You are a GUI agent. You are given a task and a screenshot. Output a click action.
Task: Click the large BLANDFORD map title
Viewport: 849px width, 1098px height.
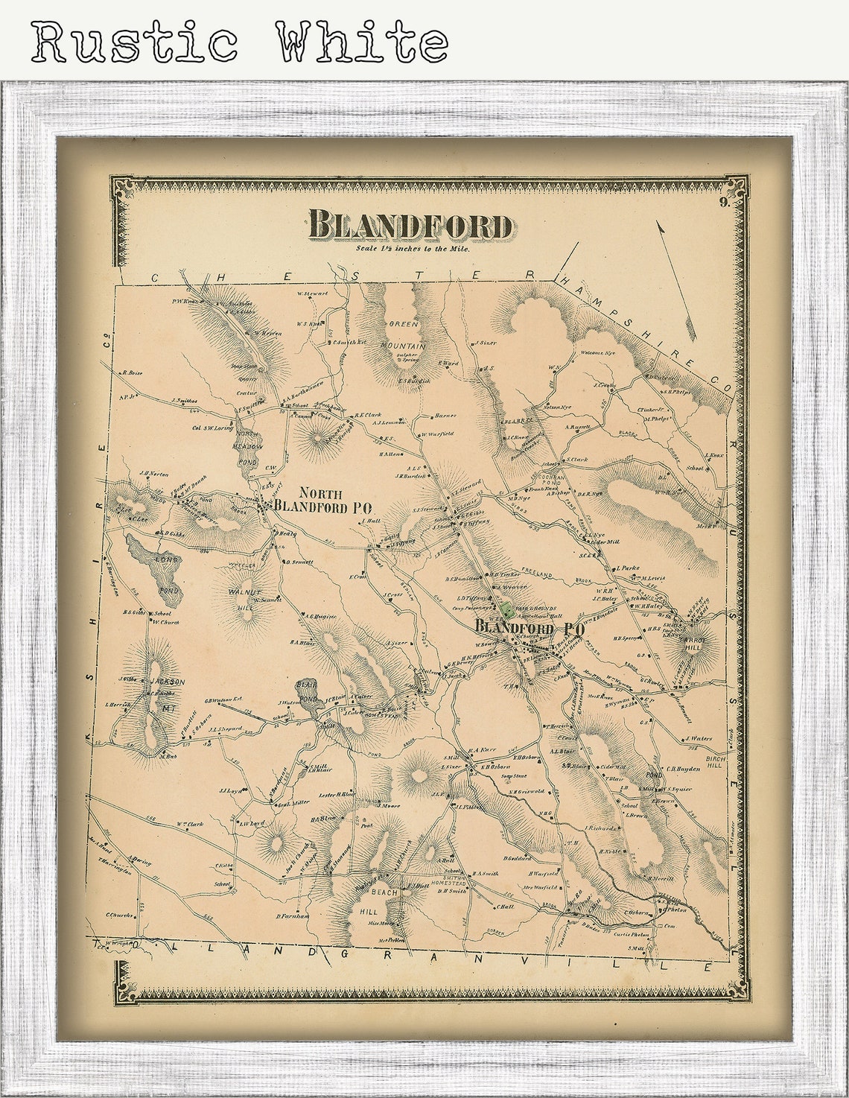(410, 225)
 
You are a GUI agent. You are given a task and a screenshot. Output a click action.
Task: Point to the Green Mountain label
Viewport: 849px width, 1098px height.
(403, 335)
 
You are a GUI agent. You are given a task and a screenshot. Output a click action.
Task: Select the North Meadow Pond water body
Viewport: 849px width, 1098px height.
(247, 445)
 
